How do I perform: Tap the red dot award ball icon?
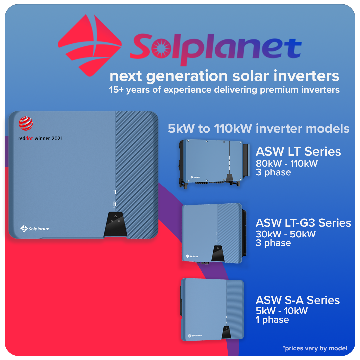click(26, 123)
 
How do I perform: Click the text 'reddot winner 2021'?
click(40, 138)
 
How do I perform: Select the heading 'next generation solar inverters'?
click(224, 76)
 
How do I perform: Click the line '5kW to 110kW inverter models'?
click(258, 129)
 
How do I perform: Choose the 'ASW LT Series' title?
click(298, 152)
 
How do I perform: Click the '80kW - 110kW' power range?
click(287, 164)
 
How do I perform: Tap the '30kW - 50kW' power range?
click(285, 234)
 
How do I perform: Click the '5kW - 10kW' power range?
click(281, 311)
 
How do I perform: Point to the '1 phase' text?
click(272, 320)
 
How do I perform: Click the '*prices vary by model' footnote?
click(315, 348)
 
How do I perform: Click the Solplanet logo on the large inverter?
click(35, 229)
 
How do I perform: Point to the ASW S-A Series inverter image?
click(212, 309)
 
